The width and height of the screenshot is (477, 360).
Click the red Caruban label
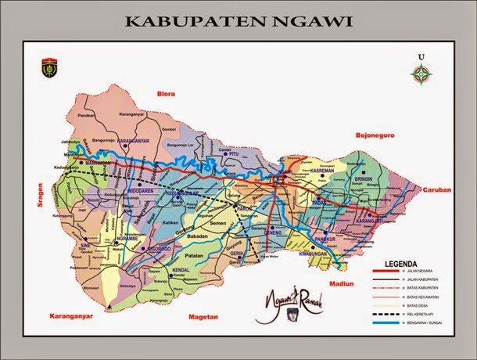coord(436,190)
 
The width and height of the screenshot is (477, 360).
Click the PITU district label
coord(232,155)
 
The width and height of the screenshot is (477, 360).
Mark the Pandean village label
coord(85,114)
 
